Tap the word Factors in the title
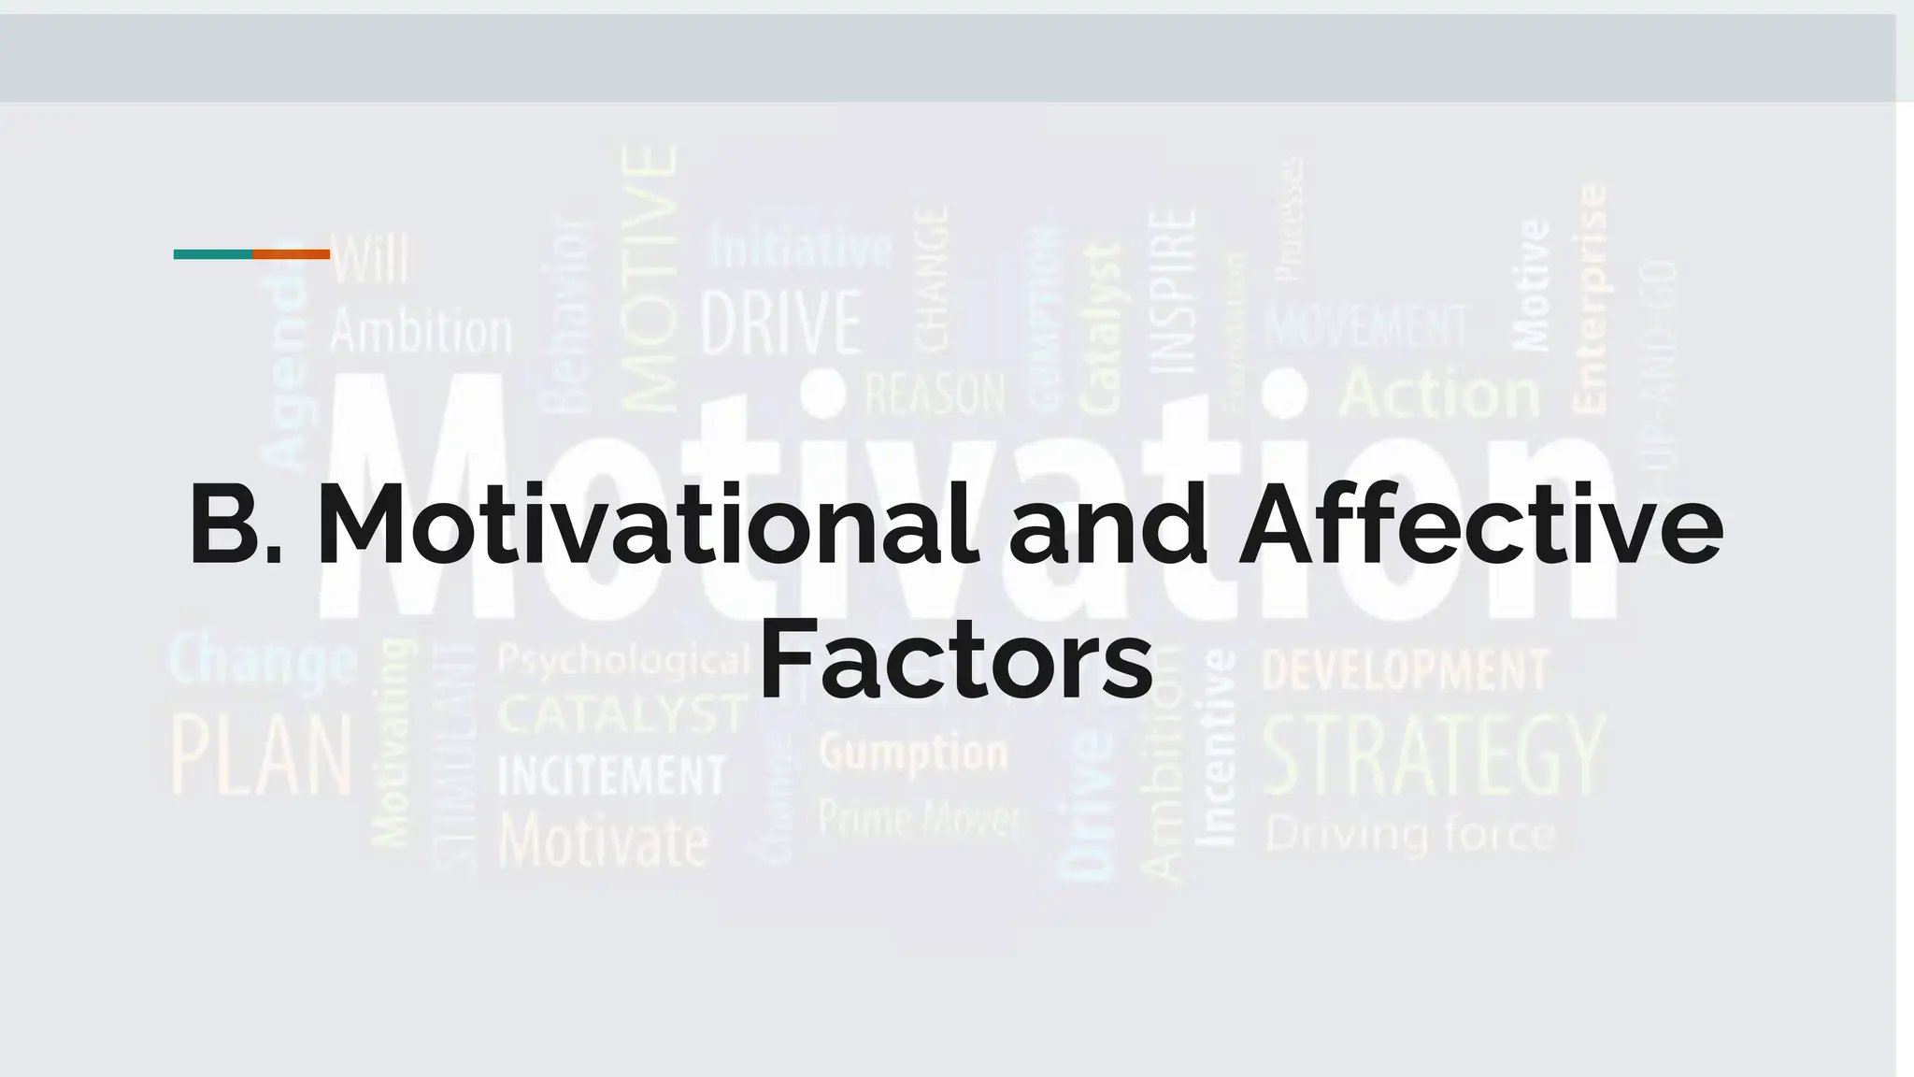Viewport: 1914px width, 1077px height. [955, 660]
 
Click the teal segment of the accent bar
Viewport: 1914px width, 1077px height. [213, 254]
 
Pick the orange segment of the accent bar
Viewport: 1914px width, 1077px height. [292, 254]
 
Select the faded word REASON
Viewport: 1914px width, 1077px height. [935, 394]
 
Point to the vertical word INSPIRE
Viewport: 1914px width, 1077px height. [1172, 291]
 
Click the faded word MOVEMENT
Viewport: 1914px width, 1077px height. [1366, 326]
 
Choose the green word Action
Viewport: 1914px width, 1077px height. [1439, 394]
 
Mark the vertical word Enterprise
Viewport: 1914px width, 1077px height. [1591, 299]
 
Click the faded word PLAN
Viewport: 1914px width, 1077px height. [263, 754]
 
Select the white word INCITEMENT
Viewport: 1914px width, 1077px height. [612, 776]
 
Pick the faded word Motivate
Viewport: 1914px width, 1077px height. [604, 840]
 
